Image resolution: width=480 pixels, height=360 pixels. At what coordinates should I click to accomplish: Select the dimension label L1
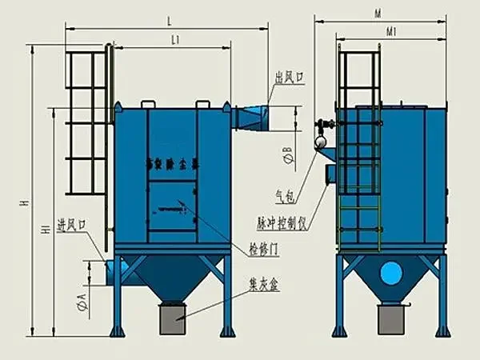[x=174, y=38]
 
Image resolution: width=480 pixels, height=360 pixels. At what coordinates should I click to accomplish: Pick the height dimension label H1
[x=46, y=230]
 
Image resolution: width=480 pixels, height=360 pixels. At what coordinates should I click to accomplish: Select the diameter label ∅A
[x=80, y=302]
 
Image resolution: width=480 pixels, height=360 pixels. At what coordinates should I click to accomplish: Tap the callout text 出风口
[x=290, y=78]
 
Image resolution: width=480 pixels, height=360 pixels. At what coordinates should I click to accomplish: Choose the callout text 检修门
[x=263, y=250]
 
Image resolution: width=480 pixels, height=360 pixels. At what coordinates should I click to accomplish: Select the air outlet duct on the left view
[x=250, y=117]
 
